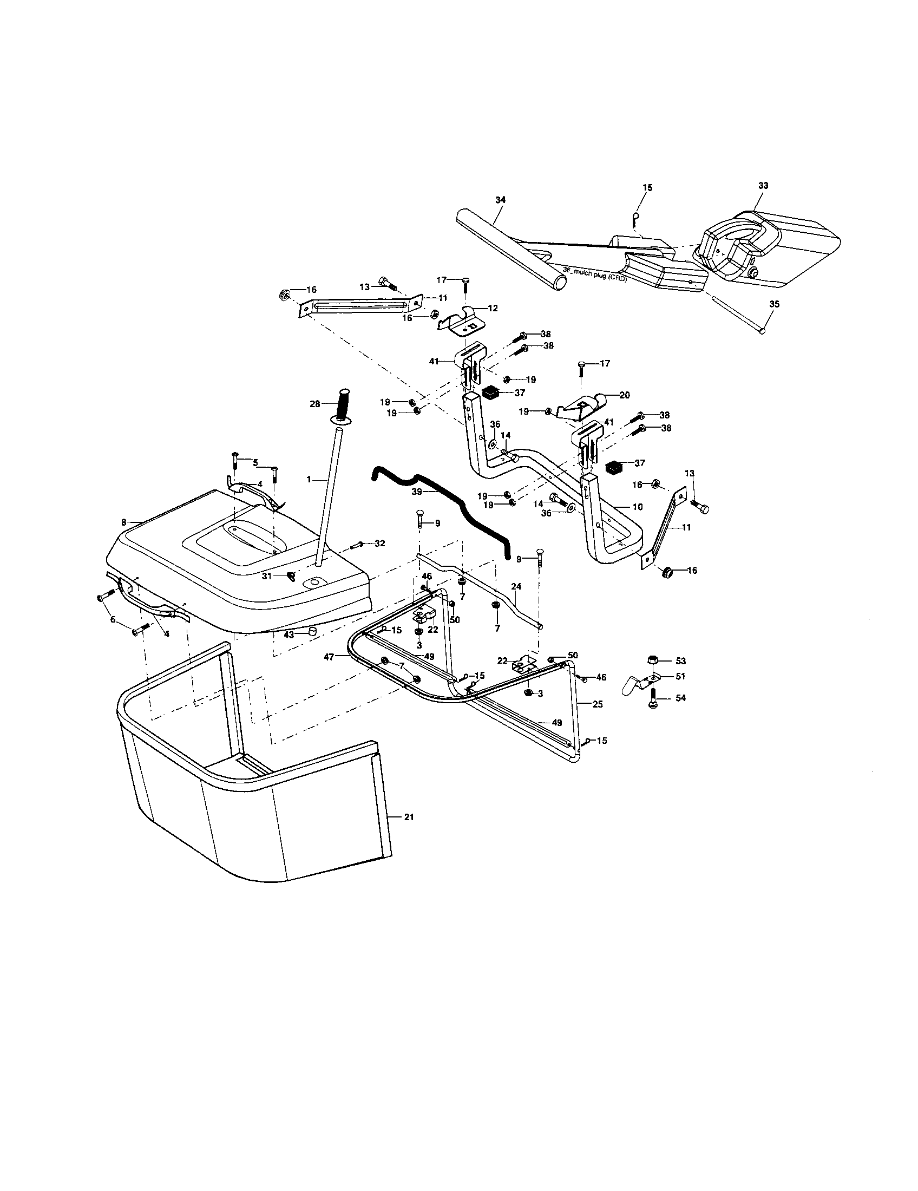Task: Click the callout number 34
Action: (x=501, y=200)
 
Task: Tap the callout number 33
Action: (x=763, y=185)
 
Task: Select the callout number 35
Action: (x=774, y=304)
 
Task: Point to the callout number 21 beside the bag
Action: (x=409, y=833)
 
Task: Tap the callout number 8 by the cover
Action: (x=124, y=522)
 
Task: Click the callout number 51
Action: (x=680, y=676)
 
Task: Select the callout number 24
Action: (x=516, y=587)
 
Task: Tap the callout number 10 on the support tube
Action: (x=637, y=507)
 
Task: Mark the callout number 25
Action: (x=598, y=704)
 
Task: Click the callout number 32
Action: (x=380, y=543)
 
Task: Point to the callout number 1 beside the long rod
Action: (x=309, y=479)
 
